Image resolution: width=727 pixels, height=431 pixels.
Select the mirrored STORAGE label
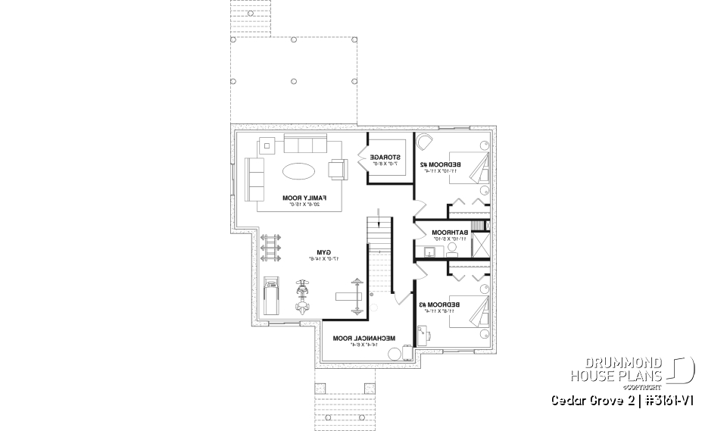pyautogui.click(x=385, y=160)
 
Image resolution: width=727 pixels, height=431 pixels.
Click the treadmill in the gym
pyautogui.click(x=271, y=297)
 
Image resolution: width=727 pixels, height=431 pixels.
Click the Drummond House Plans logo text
pyautogui.click(x=617, y=369)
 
